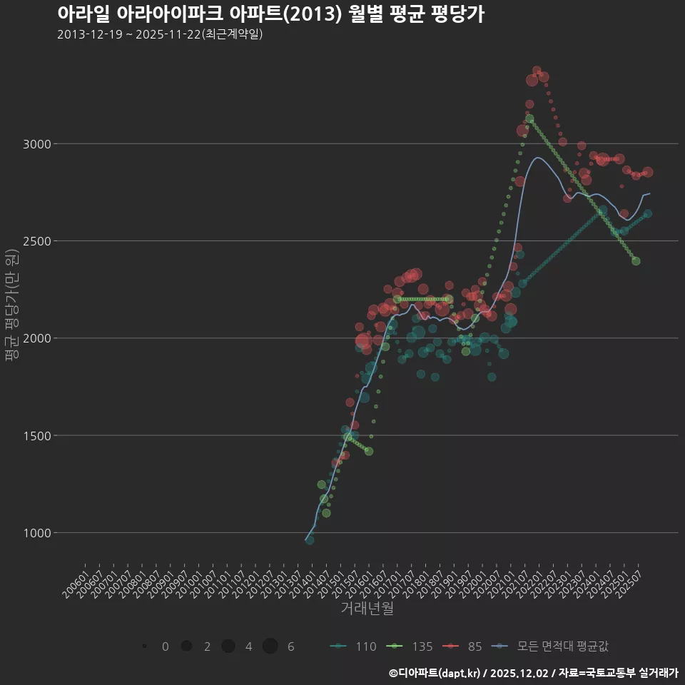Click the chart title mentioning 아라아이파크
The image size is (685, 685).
point(270,14)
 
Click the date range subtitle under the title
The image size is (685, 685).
point(160,34)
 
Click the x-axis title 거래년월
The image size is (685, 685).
point(367,608)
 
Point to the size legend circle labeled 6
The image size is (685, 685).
point(270,646)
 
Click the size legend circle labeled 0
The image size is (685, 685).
point(144,646)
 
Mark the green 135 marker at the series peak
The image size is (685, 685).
point(529,118)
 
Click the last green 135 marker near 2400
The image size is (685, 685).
point(636,261)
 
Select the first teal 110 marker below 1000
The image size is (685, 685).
point(309,540)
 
